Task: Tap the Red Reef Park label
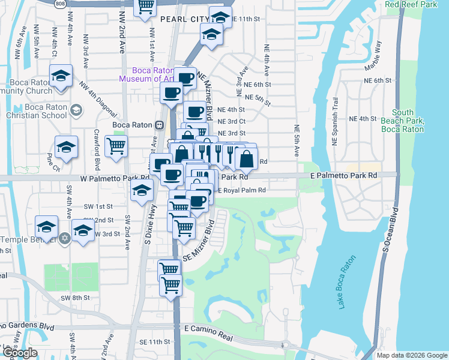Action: click(x=409, y=4)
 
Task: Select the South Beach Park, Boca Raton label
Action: click(x=409, y=121)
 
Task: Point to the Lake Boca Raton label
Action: click(x=347, y=282)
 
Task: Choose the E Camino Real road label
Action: click(x=208, y=329)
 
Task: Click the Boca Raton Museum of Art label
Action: click(x=147, y=74)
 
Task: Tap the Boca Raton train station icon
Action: click(x=159, y=125)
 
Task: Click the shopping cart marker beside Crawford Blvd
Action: click(x=116, y=145)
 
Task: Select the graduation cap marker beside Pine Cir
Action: click(x=66, y=148)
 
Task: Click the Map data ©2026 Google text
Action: click(x=412, y=355)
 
